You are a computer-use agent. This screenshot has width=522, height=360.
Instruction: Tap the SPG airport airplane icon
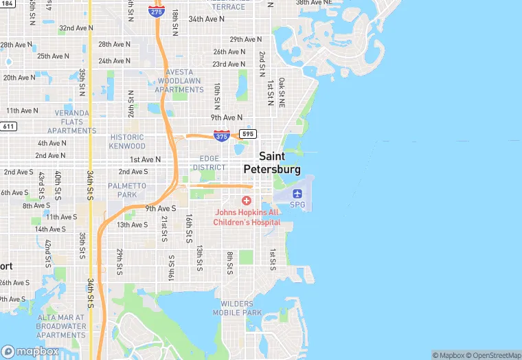pyautogui.click(x=297, y=193)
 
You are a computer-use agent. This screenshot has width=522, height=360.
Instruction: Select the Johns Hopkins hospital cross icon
pyautogui.click(x=247, y=200)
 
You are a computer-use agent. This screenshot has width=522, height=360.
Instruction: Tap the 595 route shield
pyautogui.click(x=248, y=133)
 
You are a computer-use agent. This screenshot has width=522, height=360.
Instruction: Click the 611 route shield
pyautogui.click(x=8, y=126)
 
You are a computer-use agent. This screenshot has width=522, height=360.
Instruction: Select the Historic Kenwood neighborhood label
pyautogui.click(x=128, y=142)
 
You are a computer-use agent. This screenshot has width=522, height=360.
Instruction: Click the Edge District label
pyautogui.click(x=209, y=163)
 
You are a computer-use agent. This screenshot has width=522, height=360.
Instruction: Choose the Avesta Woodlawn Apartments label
pyautogui.click(x=179, y=81)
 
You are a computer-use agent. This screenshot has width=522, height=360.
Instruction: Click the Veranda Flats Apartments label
pyautogui.click(x=72, y=122)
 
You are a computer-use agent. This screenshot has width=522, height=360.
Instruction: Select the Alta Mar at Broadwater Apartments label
pyautogui.click(x=62, y=326)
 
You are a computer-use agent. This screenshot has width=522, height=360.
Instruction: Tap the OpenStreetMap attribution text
pyautogui.click(x=492, y=355)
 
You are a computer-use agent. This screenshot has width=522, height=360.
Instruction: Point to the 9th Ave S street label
pyautogui.click(x=161, y=208)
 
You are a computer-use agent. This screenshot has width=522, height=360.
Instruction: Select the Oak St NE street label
pyautogui.click(x=282, y=93)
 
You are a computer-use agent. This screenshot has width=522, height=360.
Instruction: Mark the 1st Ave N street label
pyautogui.click(x=145, y=159)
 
